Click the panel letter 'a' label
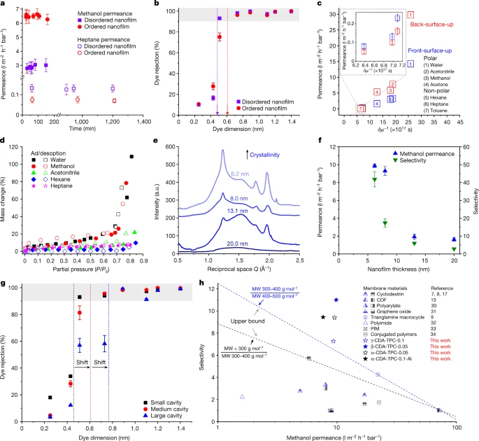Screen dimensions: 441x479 (4, 5)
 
